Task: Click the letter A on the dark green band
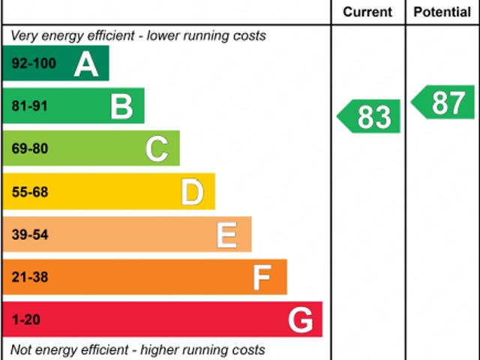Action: (86, 64)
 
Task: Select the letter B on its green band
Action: (121, 106)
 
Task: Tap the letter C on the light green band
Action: (157, 149)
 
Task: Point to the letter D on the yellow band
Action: (193, 192)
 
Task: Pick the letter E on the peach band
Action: (227, 235)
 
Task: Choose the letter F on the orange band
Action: (262, 277)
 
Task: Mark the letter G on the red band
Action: (301, 320)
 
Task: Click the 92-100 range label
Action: (34, 64)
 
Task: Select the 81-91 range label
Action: (30, 106)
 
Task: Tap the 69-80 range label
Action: (30, 149)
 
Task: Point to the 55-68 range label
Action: (30, 192)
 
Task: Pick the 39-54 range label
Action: (30, 235)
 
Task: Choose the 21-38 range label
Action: (30, 277)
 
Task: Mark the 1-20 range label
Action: (26, 320)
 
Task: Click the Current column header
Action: (367, 12)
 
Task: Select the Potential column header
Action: (442, 12)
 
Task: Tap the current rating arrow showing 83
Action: (369, 117)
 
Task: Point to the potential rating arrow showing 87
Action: (444, 103)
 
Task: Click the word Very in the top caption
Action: (25, 36)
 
